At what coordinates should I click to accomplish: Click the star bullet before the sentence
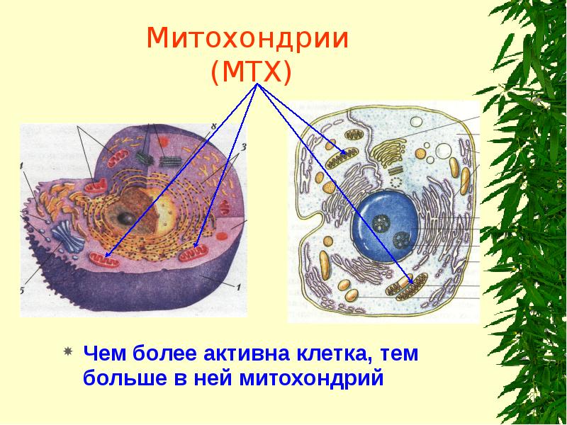(69, 352)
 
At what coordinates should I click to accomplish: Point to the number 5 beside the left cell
(22, 290)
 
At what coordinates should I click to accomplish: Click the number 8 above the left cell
(212, 126)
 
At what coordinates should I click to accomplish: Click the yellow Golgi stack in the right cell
(387, 151)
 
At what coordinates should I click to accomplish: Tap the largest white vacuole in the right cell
(444, 151)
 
